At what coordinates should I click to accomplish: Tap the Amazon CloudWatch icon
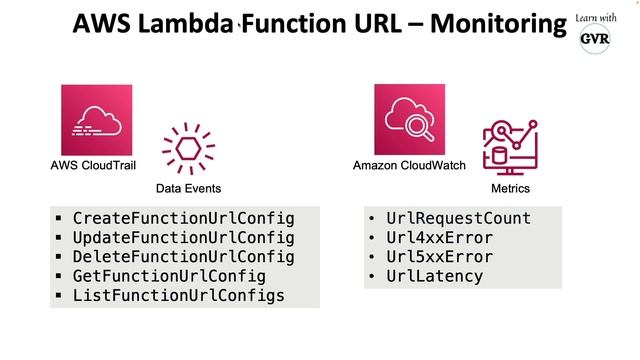pyautogui.click(x=409, y=119)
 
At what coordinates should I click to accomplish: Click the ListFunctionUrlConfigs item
pyautogui.click(x=178, y=296)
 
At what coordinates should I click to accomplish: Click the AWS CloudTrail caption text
pyautogui.click(x=93, y=166)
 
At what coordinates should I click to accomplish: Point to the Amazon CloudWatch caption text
pyautogui.click(x=409, y=166)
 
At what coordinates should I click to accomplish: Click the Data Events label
pyautogui.click(x=188, y=188)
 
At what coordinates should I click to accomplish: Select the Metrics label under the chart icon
pyautogui.click(x=510, y=188)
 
